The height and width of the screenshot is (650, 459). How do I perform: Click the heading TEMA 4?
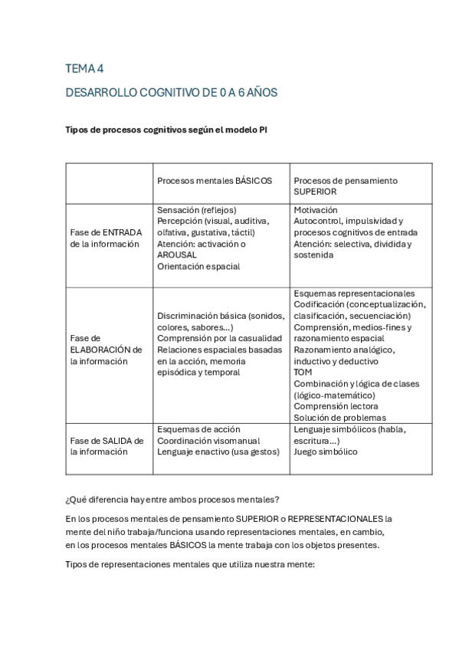tap(84, 69)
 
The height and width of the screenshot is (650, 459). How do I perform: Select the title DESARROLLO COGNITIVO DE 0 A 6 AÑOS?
tap(171, 93)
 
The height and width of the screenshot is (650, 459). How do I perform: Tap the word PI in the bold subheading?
tap(262, 130)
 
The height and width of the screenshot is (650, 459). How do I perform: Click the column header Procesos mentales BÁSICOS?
tap(215, 181)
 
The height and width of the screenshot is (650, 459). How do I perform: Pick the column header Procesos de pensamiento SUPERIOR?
tap(345, 186)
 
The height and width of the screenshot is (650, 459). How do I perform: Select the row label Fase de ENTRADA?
tap(106, 232)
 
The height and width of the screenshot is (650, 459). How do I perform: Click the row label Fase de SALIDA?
tap(107, 441)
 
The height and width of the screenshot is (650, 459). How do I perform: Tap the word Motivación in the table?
tap(315, 210)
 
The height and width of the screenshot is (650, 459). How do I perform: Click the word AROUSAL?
tap(178, 255)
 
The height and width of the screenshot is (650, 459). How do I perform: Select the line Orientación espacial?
tap(198, 267)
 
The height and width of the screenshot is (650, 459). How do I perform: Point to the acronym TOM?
tap(303, 373)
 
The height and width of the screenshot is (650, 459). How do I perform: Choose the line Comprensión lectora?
tap(336, 406)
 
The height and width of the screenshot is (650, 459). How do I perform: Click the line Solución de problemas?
tap(339, 418)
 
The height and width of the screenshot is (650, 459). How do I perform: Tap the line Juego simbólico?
tap(325, 452)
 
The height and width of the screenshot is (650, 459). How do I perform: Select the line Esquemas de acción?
tap(198, 429)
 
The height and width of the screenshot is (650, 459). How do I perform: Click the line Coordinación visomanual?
tap(208, 441)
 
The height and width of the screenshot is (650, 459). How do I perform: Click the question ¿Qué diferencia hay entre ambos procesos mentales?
tap(172, 500)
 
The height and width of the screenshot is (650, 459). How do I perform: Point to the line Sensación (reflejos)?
tap(196, 210)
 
